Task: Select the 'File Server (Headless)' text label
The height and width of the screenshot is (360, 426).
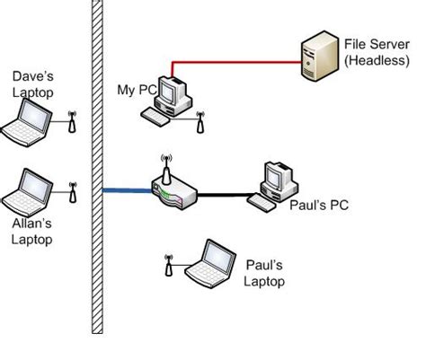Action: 372,51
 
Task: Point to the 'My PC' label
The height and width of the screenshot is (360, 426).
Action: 137,90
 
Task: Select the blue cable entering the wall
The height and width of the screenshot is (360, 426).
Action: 126,190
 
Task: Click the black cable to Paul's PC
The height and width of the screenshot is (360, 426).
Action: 225,194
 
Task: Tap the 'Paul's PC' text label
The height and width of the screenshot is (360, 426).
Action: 318,206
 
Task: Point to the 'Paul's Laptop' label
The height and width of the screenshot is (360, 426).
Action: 264,273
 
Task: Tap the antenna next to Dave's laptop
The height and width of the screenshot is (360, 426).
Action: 73,122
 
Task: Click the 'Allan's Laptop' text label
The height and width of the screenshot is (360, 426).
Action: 31,232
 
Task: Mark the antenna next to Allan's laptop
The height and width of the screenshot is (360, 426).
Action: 73,191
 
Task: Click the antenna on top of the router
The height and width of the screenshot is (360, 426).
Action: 165,167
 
